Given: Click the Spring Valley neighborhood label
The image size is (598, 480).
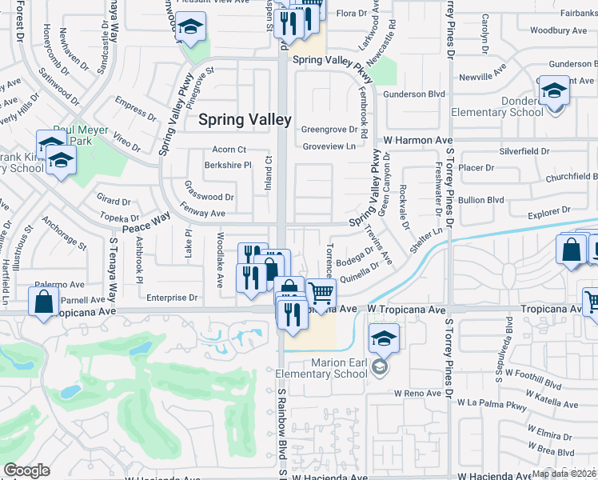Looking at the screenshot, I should pyautogui.click(x=245, y=119).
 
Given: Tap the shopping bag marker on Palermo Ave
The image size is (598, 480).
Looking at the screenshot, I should pyautogui.click(x=43, y=302).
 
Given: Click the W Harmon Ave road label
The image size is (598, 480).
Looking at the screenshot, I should pyautogui.click(x=417, y=140).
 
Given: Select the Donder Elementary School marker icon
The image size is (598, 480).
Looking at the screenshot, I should pyautogui.click(x=553, y=90).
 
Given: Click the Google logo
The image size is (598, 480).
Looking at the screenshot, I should pyautogui.click(x=26, y=470).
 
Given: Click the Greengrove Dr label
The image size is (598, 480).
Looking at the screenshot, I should pyautogui.click(x=329, y=130).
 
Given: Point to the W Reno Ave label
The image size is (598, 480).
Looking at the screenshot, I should pyautogui.click(x=418, y=394).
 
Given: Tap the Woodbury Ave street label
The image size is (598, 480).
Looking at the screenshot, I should pyautogui.click(x=558, y=30).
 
